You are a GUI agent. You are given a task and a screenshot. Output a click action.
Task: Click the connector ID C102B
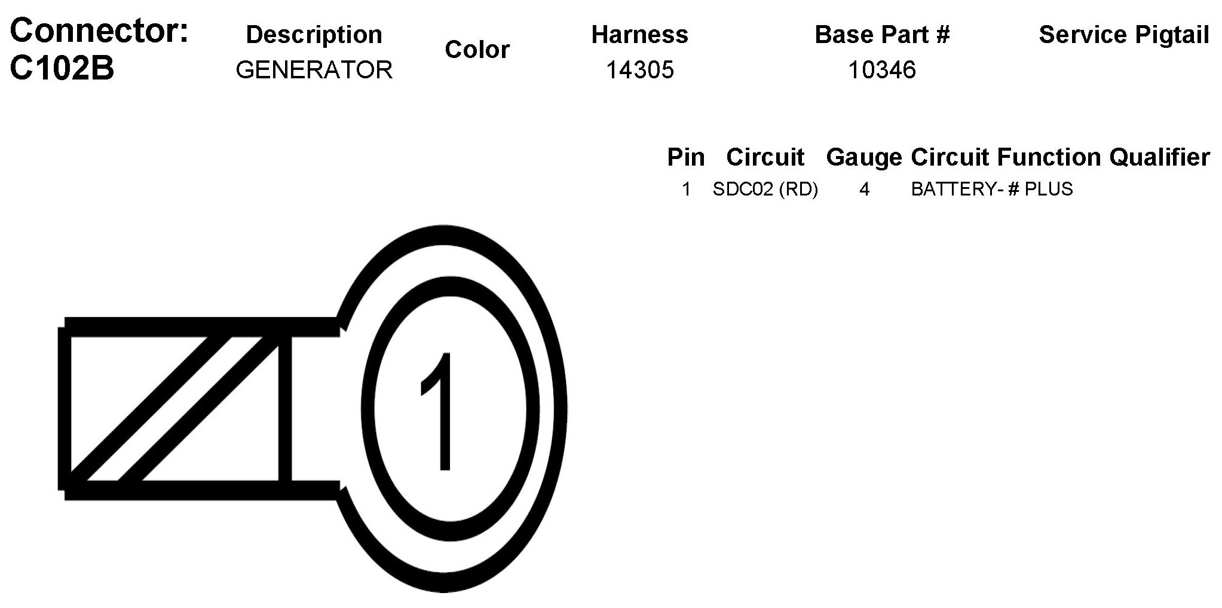(x=62, y=69)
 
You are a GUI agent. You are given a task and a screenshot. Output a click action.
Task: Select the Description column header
(x=314, y=35)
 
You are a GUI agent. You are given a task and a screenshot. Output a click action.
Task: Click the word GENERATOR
(x=314, y=70)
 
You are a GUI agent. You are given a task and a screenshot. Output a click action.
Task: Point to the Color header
(x=477, y=50)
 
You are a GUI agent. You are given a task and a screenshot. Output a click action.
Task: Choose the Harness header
(x=639, y=35)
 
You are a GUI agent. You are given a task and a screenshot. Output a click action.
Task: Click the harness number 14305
(x=639, y=70)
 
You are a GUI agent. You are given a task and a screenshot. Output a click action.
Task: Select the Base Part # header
(x=882, y=35)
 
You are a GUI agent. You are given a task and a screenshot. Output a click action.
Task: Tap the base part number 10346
(x=882, y=70)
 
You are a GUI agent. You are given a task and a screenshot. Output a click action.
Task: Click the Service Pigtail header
(x=1124, y=35)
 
